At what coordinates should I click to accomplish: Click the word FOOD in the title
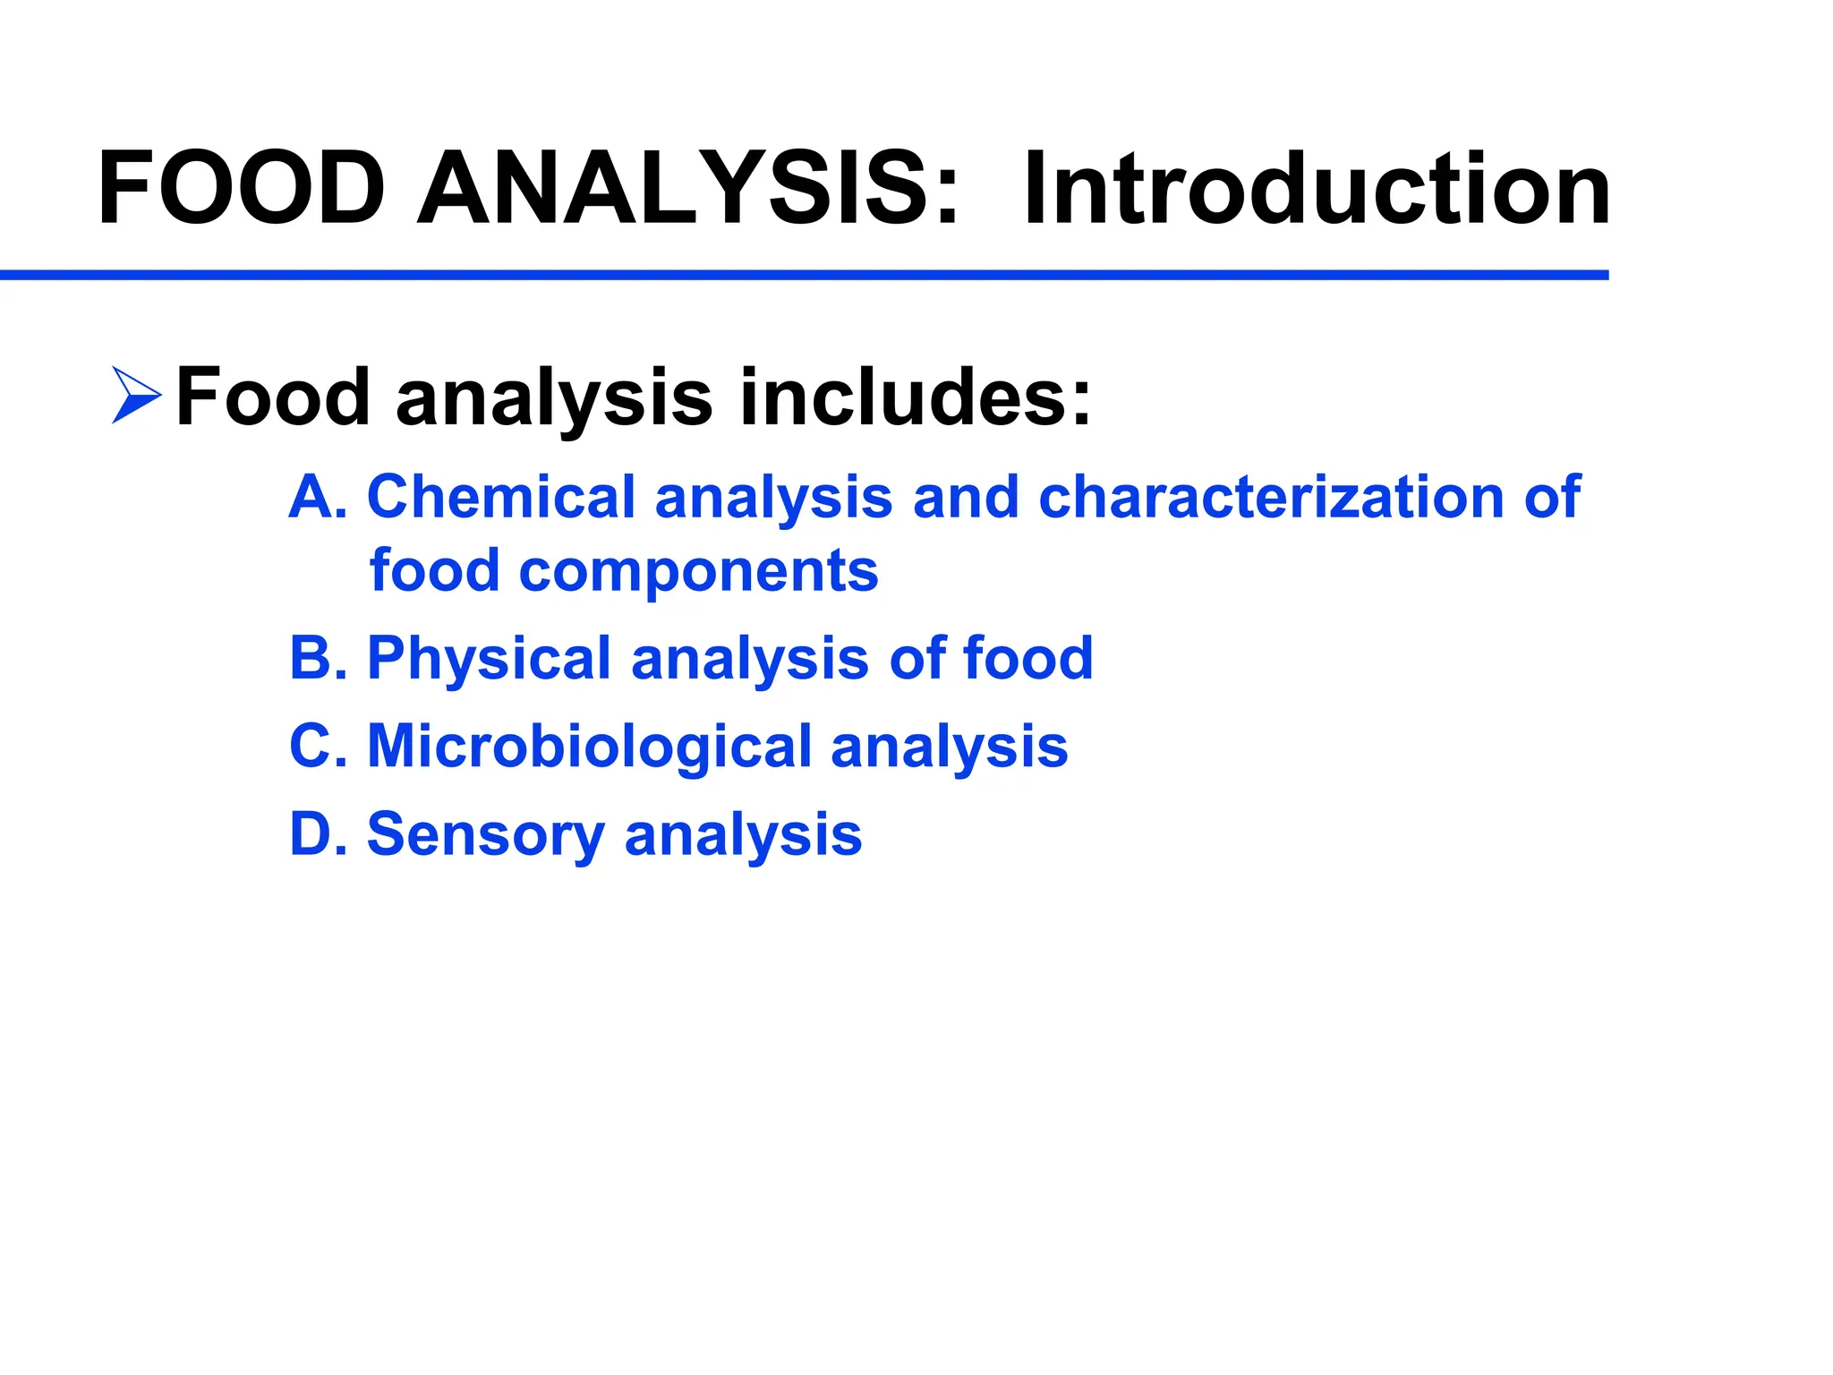[x=242, y=190]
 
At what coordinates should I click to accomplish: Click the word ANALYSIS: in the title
[x=689, y=190]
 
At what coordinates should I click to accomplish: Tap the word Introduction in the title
[x=1316, y=190]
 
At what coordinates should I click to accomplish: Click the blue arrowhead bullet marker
[x=136, y=395]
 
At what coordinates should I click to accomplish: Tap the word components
[x=698, y=573]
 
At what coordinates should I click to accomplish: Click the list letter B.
[x=315, y=658]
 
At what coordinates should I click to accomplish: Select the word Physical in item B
[x=489, y=660]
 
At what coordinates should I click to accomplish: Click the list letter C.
[x=315, y=746]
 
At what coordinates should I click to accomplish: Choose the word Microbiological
[x=589, y=747]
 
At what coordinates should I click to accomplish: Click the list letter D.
[x=315, y=833]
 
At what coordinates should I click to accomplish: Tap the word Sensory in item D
[x=486, y=835]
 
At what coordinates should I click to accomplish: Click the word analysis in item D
[x=743, y=835]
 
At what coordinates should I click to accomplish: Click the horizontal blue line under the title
[x=806, y=275]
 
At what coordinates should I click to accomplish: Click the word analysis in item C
[x=949, y=747]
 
